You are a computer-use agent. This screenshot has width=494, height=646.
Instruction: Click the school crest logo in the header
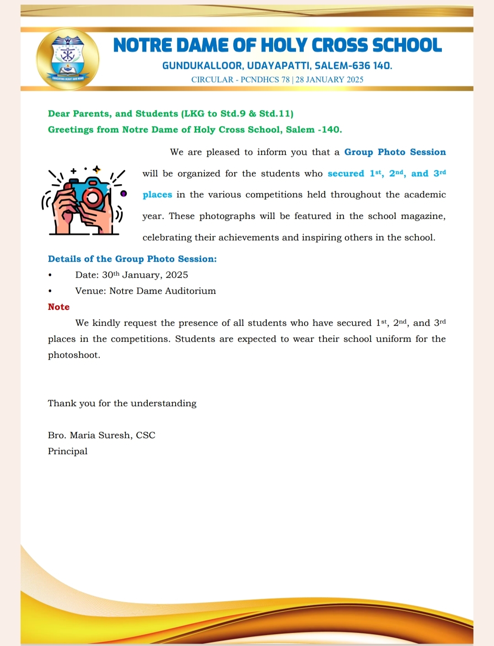point(68,59)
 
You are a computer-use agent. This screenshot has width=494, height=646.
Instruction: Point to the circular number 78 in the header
point(286,79)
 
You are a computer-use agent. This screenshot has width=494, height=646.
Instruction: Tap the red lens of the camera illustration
point(93,198)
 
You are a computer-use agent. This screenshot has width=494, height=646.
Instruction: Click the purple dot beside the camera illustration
point(123,193)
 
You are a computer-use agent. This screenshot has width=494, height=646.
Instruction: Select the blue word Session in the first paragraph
point(428,152)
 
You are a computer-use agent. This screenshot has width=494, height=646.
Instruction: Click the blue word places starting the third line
point(157,195)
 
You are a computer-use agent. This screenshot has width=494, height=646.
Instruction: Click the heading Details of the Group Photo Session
point(132,259)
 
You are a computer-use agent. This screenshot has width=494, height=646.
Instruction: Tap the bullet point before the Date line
point(50,275)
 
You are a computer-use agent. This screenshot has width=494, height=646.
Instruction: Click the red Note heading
point(59,307)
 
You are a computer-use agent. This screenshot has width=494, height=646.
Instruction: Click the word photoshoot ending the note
point(73,355)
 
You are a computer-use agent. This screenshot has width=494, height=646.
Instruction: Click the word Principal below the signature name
point(68,451)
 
